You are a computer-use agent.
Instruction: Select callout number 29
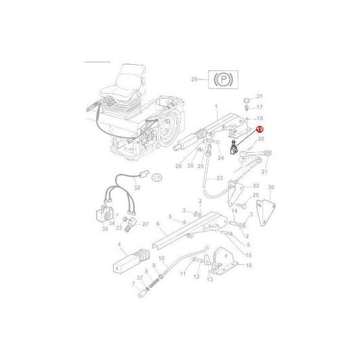[195, 80]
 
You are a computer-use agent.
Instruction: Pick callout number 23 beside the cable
[220, 178]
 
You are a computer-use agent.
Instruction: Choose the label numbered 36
[271, 187]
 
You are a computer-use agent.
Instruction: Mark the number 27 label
[145, 224]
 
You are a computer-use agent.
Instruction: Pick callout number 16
[249, 265]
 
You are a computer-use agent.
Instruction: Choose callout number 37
[140, 278]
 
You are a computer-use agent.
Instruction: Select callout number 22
[256, 185]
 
